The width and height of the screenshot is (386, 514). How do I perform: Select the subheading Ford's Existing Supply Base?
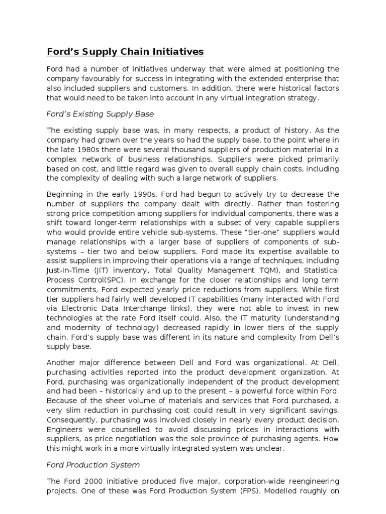tap(101, 114)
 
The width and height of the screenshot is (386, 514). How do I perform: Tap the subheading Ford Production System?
tap(93, 464)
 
